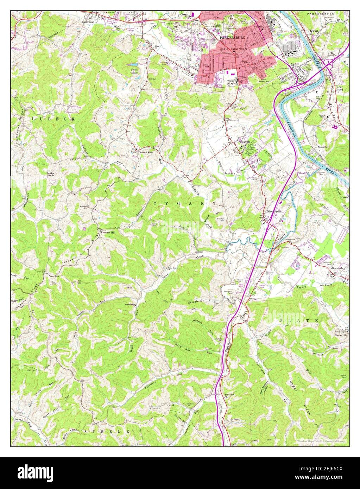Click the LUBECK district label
pos(53,119)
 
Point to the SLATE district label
pos(299,321)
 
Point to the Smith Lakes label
pos(134,71)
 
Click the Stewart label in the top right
pos(313,31)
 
